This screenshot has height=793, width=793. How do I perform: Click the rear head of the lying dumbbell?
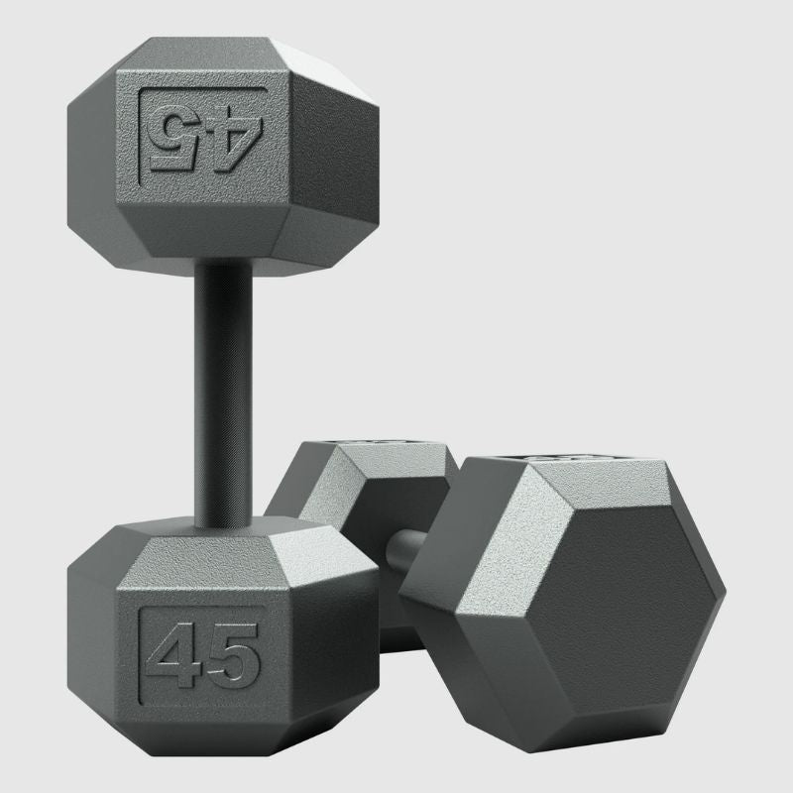click(347, 496)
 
